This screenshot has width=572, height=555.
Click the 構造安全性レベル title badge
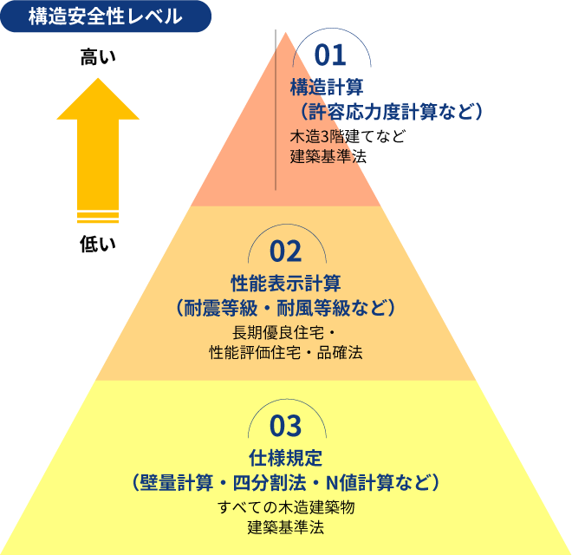[105, 16]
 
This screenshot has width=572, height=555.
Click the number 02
[286, 251]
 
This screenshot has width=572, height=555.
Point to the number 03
[286, 427]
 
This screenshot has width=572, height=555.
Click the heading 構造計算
[326, 87]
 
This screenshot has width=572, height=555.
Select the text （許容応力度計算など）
[386, 112]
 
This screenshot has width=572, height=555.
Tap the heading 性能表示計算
[286, 283]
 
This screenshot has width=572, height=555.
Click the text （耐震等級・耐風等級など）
[286, 308]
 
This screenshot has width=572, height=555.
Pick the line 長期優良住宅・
[286, 333]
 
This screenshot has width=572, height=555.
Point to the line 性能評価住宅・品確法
[286, 353]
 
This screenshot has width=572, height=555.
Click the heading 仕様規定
[286, 457]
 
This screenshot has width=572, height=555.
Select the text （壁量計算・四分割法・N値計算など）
[286, 482]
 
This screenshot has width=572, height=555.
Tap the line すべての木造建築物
[286, 507]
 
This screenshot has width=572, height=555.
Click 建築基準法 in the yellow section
[286, 527]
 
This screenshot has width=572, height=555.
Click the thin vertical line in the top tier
[276, 121]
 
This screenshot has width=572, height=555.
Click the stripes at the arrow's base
[98, 217]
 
